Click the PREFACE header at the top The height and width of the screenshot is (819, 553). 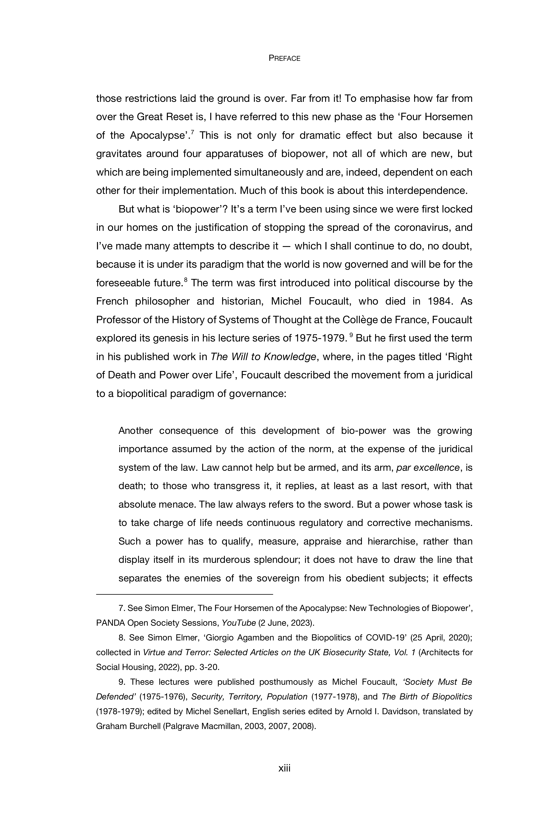[284, 59]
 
